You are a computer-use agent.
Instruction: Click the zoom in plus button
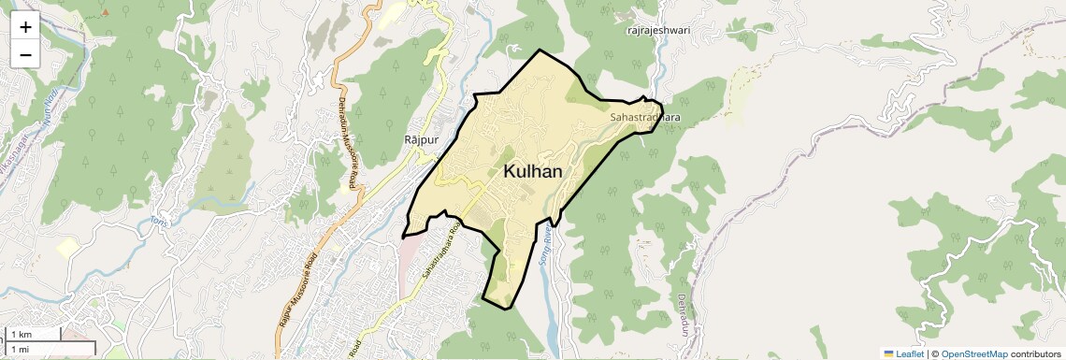click(x=25, y=26)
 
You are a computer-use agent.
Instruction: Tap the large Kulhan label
click(x=533, y=171)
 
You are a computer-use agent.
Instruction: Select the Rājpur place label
click(x=420, y=139)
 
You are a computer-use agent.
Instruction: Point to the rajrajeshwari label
click(x=657, y=30)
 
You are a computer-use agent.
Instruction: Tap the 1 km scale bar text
click(x=21, y=335)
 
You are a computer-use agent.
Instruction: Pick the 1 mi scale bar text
click(x=20, y=349)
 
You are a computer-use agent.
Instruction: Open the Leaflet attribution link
click(x=910, y=354)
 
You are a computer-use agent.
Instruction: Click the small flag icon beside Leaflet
click(x=888, y=354)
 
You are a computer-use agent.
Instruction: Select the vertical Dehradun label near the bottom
click(x=684, y=315)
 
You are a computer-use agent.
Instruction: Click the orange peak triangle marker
click(x=105, y=12)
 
